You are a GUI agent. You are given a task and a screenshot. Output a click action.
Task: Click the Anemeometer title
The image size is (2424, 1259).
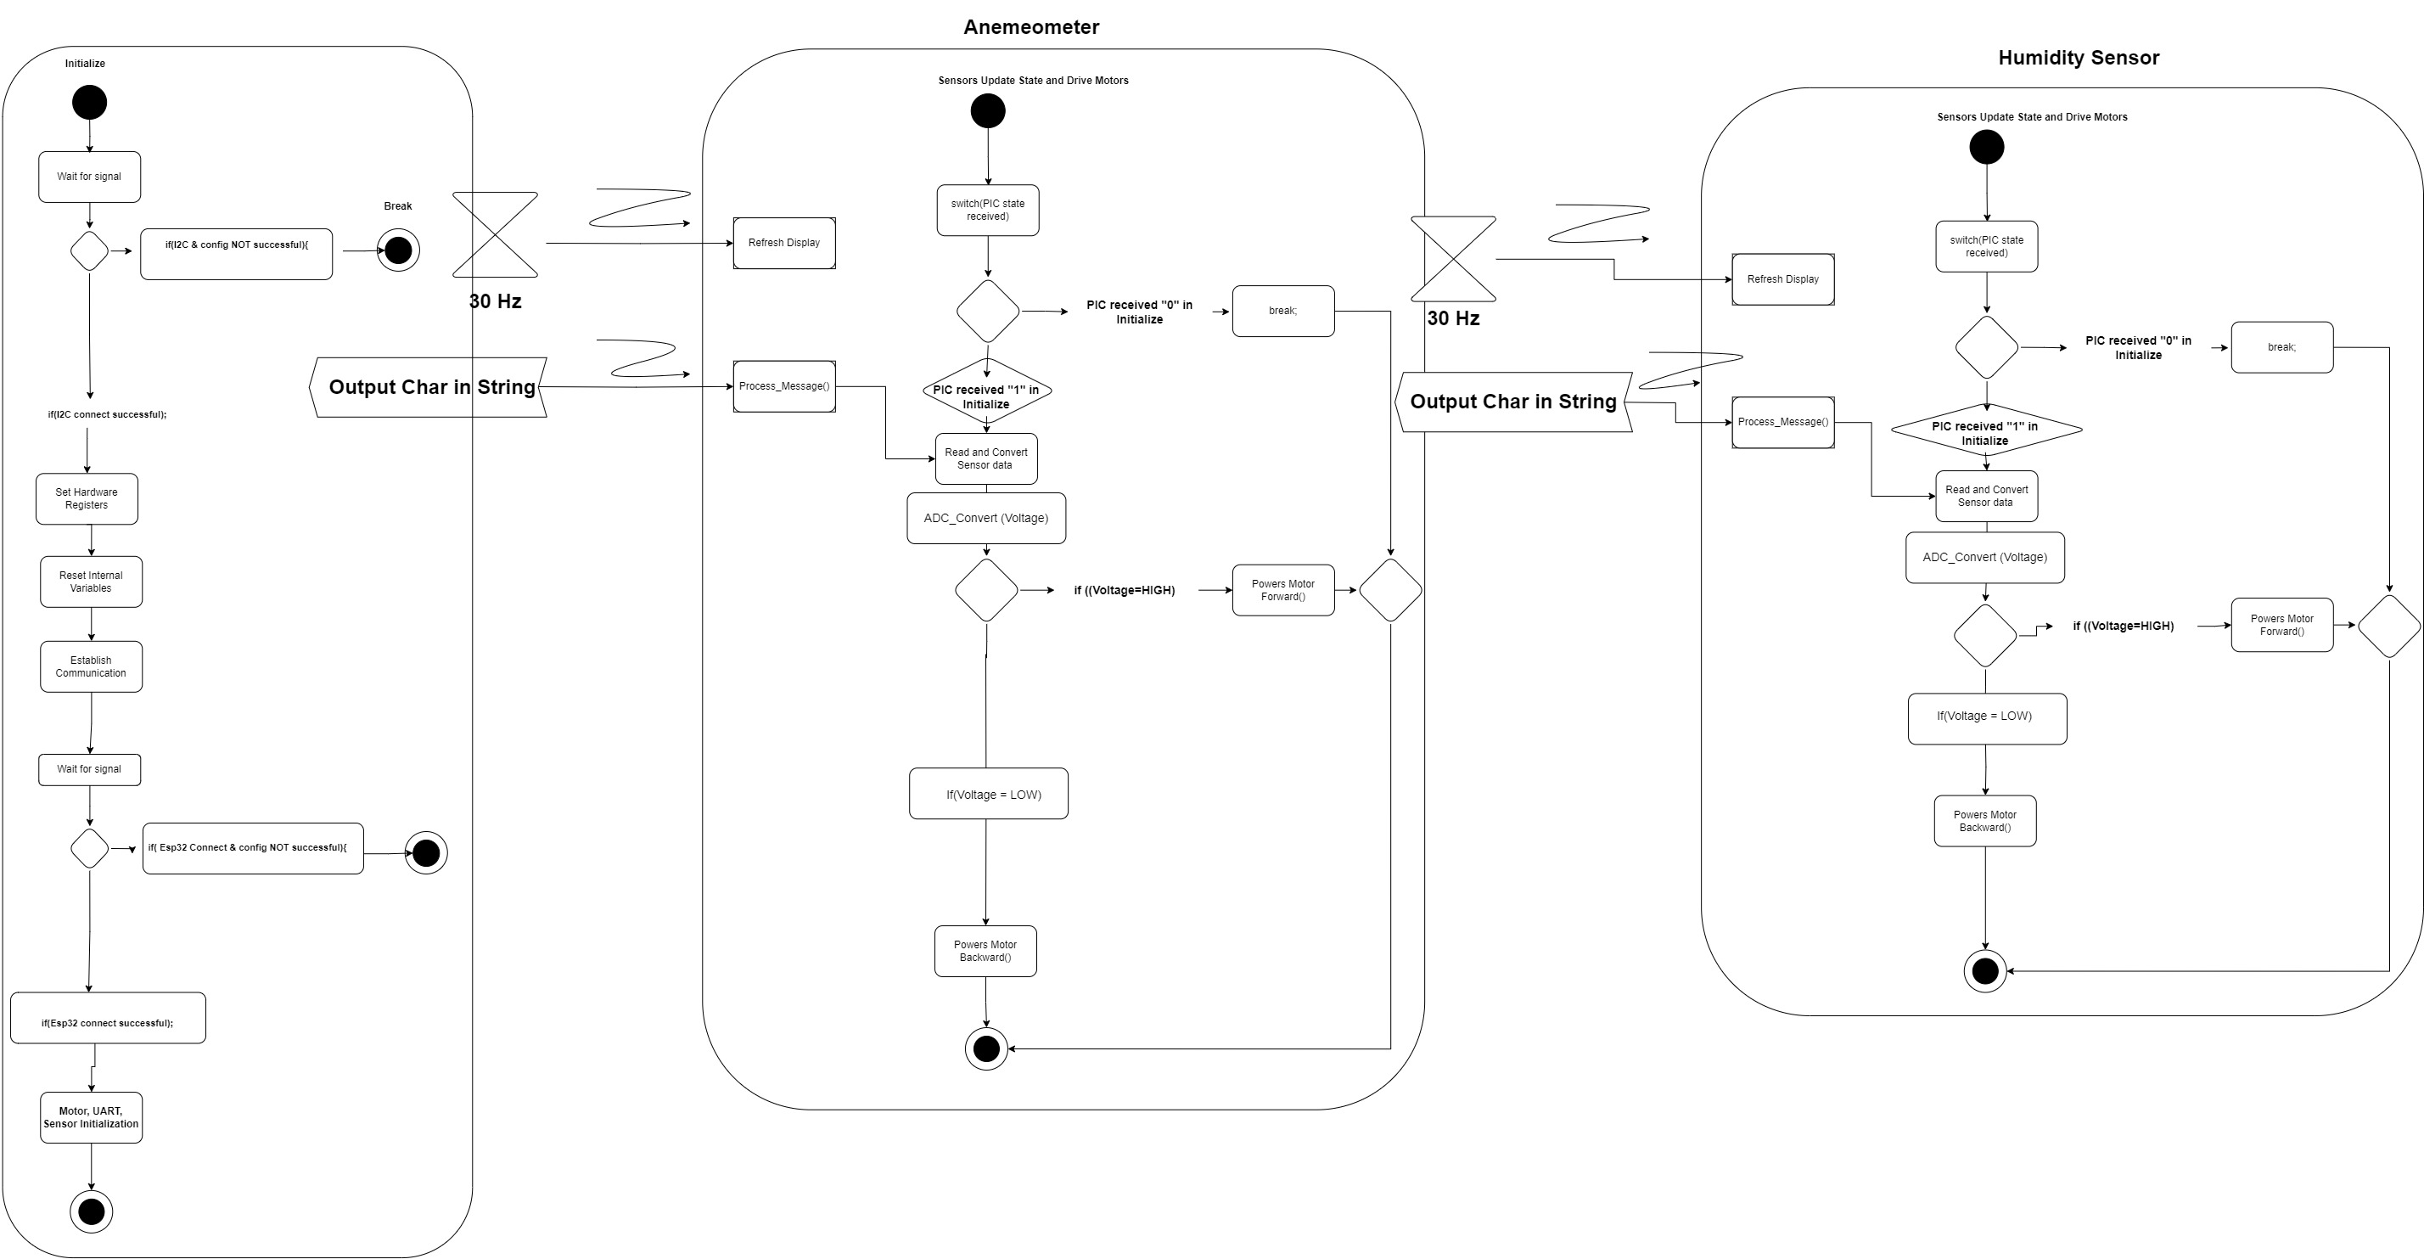pos(1030,27)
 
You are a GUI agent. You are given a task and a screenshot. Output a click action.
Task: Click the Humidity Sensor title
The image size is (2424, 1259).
pos(2078,58)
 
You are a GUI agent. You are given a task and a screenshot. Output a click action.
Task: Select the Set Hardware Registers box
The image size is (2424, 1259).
pos(87,498)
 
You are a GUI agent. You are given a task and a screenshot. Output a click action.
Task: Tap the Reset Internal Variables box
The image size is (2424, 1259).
pos(92,582)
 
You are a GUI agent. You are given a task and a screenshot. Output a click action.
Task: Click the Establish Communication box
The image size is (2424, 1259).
pos(92,666)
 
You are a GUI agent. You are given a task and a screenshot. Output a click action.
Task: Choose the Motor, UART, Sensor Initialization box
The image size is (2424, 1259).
pos(92,1117)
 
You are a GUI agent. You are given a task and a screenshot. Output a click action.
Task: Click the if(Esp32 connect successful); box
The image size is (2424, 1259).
pos(107,1018)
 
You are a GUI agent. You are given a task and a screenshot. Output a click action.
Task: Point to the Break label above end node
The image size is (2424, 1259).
pos(397,206)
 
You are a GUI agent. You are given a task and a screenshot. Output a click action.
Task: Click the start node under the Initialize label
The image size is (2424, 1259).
pos(89,102)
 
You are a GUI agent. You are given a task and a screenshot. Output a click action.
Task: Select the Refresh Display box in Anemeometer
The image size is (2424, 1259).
pos(784,243)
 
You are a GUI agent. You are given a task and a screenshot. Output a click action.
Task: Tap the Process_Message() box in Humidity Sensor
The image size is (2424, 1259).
pos(1782,422)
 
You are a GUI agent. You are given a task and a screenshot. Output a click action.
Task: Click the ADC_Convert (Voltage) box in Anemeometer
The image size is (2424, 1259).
pos(985,518)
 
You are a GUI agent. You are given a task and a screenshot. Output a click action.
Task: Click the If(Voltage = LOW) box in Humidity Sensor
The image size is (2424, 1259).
pos(1986,719)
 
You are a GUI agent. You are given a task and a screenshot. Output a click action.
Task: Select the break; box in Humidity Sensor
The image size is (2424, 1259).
pos(2281,347)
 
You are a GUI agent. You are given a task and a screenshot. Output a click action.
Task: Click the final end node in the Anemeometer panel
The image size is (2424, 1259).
pos(986,1048)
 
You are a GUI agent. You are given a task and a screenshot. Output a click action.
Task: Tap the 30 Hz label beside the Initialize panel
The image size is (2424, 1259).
pos(495,301)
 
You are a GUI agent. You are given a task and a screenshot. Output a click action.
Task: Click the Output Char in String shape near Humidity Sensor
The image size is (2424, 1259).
pos(1512,402)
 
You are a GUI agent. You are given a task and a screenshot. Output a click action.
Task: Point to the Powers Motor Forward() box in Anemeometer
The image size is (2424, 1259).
pos(1282,590)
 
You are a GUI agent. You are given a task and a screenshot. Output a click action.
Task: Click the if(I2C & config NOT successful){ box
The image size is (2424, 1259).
pos(236,253)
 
